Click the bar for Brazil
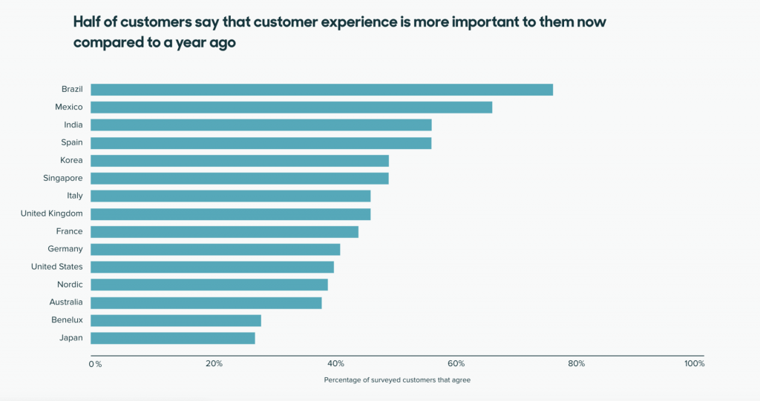321,90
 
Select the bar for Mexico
291,107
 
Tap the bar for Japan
172,338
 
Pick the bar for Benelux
175,320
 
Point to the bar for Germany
215,249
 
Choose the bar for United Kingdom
230,214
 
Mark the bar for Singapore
239,179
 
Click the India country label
73,125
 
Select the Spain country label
71,142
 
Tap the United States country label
56,267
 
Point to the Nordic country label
70,285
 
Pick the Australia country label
65,302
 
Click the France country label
69,231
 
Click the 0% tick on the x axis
95,364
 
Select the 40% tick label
335,364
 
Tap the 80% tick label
577,364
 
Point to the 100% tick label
695,364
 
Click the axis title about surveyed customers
397,380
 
